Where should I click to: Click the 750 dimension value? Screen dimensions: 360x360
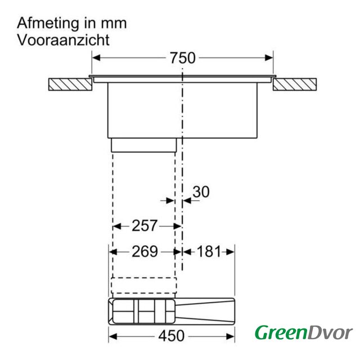tap(182, 58)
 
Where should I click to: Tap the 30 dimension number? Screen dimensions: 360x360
tap(201, 192)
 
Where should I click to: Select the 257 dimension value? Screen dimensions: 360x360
tap(145, 226)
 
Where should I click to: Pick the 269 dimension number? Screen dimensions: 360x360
tap(145, 251)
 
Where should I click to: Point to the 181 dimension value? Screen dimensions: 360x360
tap(209, 251)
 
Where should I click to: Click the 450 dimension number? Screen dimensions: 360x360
tap(171, 336)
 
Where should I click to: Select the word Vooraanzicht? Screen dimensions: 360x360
tap(64, 40)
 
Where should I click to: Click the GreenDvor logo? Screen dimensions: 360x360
tap(304, 332)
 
